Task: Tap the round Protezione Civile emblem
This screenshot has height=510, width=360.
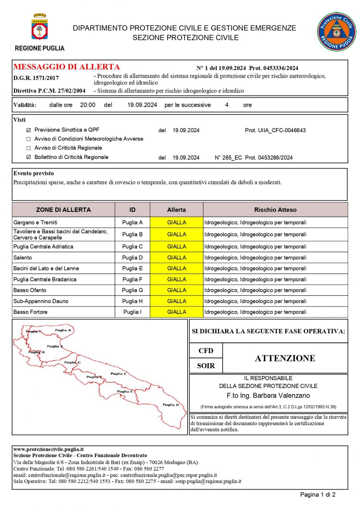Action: click(337, 32)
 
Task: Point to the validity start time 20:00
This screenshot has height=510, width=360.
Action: click(88, 105)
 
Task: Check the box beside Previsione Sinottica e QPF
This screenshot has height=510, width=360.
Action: click(28, 130)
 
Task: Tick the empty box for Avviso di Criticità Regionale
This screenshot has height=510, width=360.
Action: click(28, 148)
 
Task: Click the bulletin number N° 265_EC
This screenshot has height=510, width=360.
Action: click(228, 158)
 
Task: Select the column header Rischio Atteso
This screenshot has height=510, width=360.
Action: click(275, 210)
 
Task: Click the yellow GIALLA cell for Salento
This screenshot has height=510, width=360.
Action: click(176, 257)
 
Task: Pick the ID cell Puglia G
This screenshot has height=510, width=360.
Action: click(132, 290)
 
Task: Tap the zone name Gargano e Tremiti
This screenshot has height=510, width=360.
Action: click(35, 222)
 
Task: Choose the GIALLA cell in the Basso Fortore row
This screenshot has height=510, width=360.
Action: click(176, 312)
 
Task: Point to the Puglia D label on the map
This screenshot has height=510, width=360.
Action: click(171, 405)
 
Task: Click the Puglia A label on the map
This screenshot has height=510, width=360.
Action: click(63, 330)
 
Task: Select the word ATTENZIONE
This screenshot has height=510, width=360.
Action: click(285, 358)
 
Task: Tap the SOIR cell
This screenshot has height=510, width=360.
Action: click(206, 366)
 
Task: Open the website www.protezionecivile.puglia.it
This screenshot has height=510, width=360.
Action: click(48, 450)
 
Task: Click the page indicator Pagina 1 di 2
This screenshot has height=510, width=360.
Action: click(317, 495)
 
